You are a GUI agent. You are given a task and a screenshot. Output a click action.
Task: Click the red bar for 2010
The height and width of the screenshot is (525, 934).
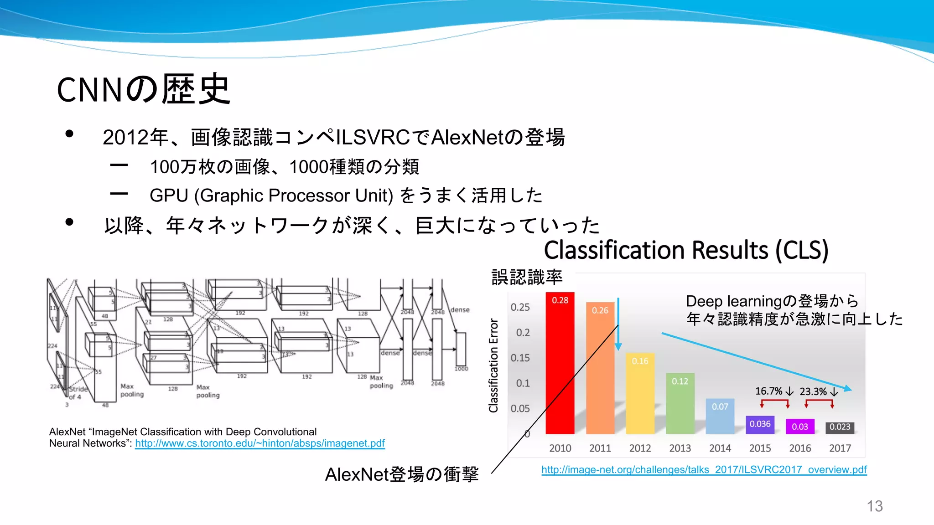(x=560, y=365)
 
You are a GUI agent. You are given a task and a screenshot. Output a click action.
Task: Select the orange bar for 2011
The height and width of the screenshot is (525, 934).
(x=600, y=369)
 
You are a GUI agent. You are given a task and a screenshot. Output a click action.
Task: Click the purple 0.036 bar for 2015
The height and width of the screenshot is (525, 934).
(x=760, y=424)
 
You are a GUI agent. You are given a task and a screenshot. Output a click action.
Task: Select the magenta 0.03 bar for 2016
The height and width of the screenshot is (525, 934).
(x=800, y=427)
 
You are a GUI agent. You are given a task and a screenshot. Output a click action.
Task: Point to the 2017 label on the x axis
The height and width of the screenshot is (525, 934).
(x=840, y=448)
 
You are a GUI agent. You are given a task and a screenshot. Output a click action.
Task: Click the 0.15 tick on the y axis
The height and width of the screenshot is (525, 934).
(x=520, y=358)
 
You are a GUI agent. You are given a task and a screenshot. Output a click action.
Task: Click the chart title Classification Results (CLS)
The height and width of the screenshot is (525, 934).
(x=686, y=250)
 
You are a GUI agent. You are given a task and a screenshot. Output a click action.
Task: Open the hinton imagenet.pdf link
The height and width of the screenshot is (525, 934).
(x=260, y=443)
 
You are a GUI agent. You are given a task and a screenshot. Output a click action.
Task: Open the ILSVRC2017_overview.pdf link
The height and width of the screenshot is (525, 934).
(x=704, y=470)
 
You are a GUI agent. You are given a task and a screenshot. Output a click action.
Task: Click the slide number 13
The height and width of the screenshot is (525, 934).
(x=874, y=506)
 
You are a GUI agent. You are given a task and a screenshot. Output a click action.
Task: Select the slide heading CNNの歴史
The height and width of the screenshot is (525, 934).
(x=143, y=89)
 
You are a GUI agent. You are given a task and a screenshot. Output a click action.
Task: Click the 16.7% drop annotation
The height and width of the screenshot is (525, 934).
(x=774, y=391)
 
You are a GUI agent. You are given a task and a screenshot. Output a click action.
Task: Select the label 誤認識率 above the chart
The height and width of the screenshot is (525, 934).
(x=527, y=277)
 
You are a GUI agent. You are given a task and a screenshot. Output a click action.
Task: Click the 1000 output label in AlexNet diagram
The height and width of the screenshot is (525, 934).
(x=461, y=369)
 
